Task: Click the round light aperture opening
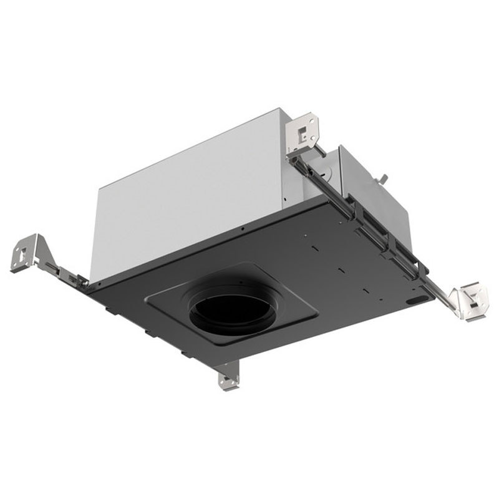(232, 309)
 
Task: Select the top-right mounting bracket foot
(306, 132)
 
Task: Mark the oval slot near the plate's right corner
(414, 300)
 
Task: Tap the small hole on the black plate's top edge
(241, 230)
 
